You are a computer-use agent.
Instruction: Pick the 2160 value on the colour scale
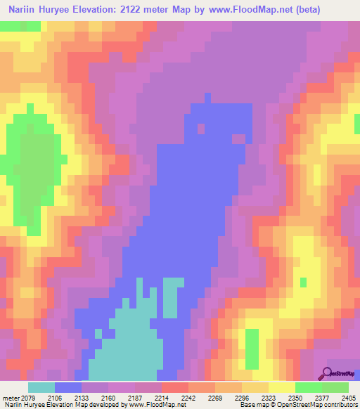pos(108,397)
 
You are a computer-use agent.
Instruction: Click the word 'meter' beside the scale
pos(11,397)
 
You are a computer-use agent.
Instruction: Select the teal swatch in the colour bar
pos(41,387)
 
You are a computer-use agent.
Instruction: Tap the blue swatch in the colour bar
pos(68,387)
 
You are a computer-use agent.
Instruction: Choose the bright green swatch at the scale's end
pos(335,387)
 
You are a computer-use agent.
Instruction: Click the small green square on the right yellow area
pos(303,283)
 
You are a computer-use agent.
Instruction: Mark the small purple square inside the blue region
pos(201,129)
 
